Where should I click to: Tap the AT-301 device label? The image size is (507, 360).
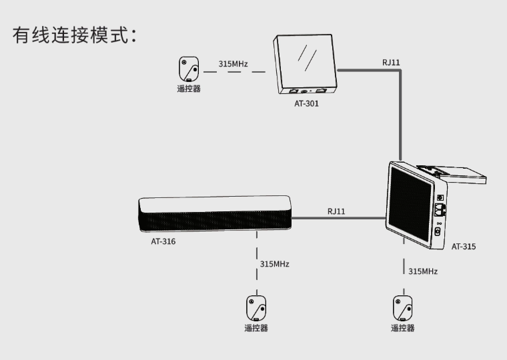tap(306, 104)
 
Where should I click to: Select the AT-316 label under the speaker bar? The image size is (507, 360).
tap(163, 241)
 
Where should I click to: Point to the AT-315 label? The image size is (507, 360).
tap(464, 247)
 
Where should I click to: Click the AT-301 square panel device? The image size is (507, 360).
tap(305, 64)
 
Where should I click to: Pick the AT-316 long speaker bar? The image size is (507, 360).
tap(215, 213)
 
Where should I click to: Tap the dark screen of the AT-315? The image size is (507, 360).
tap(410, 204)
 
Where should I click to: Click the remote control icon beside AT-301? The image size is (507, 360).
tap(189, 69)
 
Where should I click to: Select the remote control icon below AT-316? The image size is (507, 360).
tap(256, 308)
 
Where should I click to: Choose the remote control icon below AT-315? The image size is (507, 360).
tap(402, 308)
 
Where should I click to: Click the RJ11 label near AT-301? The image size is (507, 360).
tap(391, 63)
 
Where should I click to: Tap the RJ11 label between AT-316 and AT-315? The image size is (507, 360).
tap(336, 211)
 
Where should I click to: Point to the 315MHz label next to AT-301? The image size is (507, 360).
tap(233, 63)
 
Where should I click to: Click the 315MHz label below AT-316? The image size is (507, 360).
tap(275, 264)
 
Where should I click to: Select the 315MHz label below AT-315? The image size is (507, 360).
tap(423, 271)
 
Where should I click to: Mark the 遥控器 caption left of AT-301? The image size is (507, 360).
tap(189, 89)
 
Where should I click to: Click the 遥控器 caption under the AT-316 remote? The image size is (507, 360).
tap(256, 328)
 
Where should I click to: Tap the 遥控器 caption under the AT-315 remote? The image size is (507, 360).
tap(402, 328)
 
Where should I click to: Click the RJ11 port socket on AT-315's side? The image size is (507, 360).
tap(440, 210)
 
